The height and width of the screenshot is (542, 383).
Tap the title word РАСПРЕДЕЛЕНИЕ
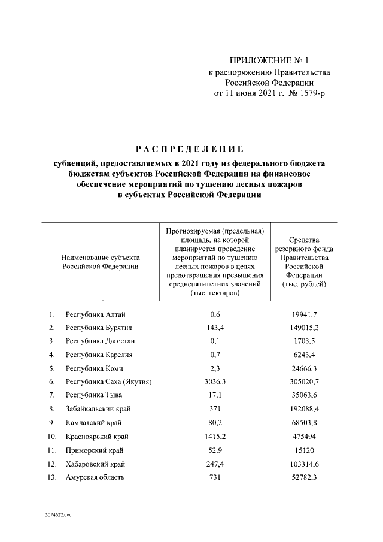189,148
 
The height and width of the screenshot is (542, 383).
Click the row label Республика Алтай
95,314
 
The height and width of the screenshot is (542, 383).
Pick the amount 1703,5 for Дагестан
305,341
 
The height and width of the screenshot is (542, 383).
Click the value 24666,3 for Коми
305,368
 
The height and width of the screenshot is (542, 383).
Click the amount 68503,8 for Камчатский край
305,422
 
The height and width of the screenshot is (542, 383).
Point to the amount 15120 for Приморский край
305,449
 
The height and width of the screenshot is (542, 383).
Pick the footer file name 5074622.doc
57,514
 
